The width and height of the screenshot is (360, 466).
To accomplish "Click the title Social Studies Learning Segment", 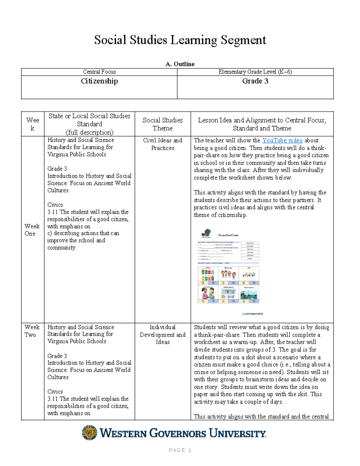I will tap(180, 40).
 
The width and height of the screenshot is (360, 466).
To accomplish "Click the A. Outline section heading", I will tap(180, 64).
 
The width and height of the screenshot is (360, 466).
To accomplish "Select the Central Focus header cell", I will tap(99, 72).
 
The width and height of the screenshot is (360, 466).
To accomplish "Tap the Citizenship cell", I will tap(99, 81).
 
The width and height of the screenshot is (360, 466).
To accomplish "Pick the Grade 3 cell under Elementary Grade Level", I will tap(255, 81).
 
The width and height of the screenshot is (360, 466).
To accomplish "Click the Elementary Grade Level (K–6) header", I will tap(255, 72).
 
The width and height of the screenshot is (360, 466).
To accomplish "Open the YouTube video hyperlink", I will tap(282, 140).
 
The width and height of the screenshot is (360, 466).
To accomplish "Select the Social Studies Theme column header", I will tap(163, 124).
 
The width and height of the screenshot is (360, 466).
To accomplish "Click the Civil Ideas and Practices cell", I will tap(163, 144).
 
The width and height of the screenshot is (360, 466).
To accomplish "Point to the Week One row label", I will tap(32, 230).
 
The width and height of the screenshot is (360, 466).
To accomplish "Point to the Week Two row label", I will tap(32, 331).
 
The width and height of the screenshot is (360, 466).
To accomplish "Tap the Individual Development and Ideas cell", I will tap(163, 335).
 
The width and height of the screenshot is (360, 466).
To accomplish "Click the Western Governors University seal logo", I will tap(89, 433).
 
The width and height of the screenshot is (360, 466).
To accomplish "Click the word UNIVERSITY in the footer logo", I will tap(237, 433).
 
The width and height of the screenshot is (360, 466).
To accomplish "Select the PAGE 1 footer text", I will tap(180, 450).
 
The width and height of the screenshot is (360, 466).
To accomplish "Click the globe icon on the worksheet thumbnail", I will tap(206, 233).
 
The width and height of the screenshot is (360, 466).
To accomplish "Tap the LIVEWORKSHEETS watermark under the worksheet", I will tap(252, 314).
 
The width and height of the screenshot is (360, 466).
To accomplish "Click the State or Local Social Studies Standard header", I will tap(89, 124).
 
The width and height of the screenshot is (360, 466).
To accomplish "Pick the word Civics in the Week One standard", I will tap(55, 205).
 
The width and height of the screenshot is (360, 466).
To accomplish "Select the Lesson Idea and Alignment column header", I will tap(262, 124).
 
